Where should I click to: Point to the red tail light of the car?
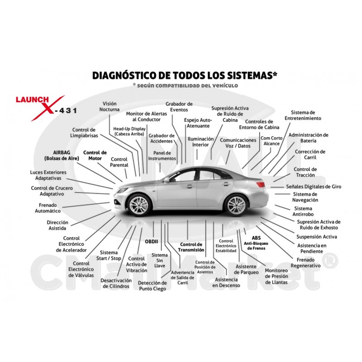(261, 184)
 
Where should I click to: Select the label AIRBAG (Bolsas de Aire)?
(62, 155)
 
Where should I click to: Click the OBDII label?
(152, 242)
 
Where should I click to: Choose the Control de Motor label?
(95, 155)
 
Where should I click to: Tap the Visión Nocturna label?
(110, 106)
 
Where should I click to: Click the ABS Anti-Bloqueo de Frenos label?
(256, 243)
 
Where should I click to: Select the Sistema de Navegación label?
(305, 197)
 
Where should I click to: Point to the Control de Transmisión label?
(191, 247)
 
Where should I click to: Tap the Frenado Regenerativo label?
(305, 263)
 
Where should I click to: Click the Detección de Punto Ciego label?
(152, 286)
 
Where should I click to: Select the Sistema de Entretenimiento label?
(303, 115)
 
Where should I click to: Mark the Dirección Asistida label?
(57, 225)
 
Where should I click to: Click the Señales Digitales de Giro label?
(314, 186)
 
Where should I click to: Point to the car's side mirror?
(167, 180)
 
